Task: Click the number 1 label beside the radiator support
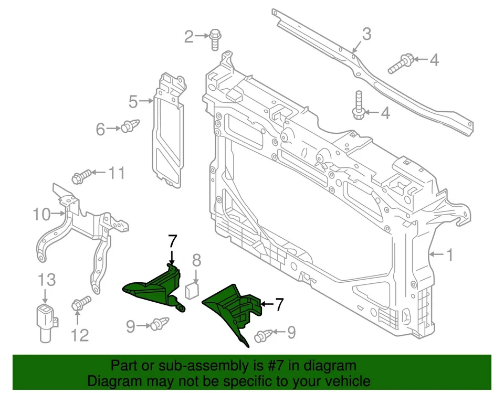pos(449,255)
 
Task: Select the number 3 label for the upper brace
pos(366,34)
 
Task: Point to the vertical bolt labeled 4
pos(359,105)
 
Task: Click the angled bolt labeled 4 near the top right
pos(401,63)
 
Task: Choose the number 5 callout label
pos(133,100)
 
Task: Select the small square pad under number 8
pos(191,288)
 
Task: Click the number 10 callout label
pos(42,214)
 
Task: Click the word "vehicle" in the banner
pos(344,380)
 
